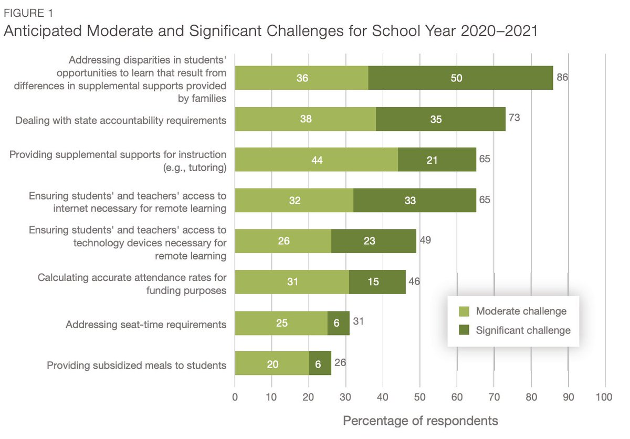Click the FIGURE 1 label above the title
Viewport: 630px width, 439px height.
tap(27, 11)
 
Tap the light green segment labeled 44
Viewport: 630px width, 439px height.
tap(316, 160)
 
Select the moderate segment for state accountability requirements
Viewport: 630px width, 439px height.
tap(305, 119)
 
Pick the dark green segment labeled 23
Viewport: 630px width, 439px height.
tap(373, 242)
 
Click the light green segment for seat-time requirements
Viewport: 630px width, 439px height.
tap(281, 323)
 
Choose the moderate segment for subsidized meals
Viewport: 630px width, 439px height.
tap(272, 363)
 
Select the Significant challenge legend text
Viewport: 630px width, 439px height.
tap(523, 331)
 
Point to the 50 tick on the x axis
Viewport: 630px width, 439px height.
tap(420, 398)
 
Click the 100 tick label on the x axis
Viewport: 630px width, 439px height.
tap(604, 398)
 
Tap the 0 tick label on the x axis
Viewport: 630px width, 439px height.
tap(235, 398)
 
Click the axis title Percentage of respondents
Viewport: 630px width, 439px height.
tap(420, 421)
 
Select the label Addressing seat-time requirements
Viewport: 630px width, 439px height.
tap(146, 325)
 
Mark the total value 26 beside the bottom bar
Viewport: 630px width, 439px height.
tap(340, 363)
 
